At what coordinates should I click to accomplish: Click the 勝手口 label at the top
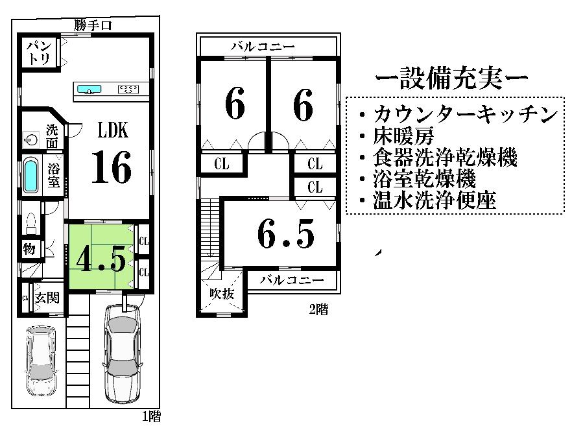click(x=93, y=25)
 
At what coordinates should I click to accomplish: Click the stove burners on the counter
click(x=128, y=89)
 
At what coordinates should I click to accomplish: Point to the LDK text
click(x=113, y=130)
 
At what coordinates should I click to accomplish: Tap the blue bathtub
click(x=31, y=174)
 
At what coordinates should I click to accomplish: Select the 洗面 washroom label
click(x=53, y=135)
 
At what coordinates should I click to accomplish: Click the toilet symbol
click(x=30, y=224)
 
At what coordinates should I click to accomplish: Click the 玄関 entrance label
click(x=47, y=298)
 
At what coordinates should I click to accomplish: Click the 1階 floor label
click(x=151, y=416)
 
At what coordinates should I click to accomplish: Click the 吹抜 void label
click(x=220, y=292)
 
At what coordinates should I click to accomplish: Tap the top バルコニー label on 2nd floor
click(x=263, y=47)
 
